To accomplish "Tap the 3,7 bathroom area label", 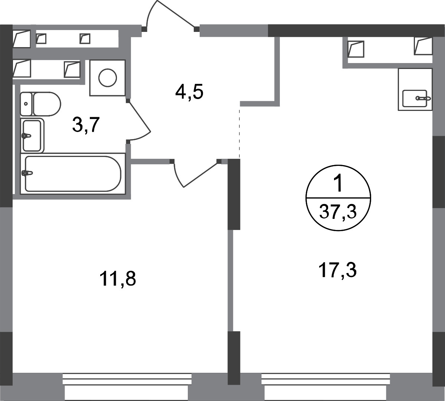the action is (86, 125).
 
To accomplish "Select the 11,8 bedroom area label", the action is (118, 279).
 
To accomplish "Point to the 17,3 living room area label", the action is (337, 270).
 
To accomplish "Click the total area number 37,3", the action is (338, 211).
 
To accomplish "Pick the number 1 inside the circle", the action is (338, 184).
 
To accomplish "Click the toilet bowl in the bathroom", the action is (47, 104).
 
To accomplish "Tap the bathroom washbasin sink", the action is (32, 135).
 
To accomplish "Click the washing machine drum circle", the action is (108, 78).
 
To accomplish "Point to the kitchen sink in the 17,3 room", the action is (415, 98).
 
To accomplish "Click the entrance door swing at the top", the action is (170, 14).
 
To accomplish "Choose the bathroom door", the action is (139, 121).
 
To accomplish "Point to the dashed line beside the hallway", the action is (239, 131).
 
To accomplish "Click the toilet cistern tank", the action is (26, 104).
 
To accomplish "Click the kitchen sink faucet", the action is (423, 98).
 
